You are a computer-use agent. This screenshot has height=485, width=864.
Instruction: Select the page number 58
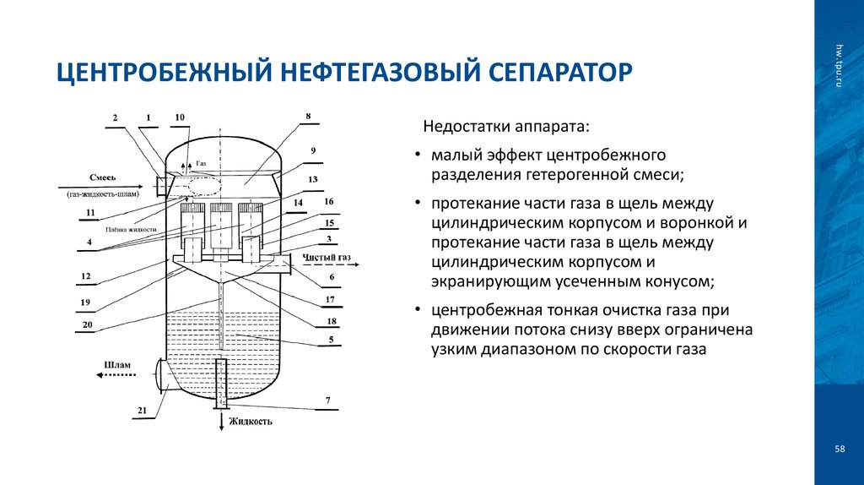[x=840, y=449]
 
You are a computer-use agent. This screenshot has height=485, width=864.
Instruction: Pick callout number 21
[x=141, y=411]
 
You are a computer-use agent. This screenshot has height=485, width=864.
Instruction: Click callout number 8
[x=308, y=116]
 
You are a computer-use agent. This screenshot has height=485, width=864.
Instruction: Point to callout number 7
[x=327, y=399]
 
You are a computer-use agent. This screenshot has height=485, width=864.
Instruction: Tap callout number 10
[x=180, y=117]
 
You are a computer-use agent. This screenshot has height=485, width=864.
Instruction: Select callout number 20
[x=87, y=324]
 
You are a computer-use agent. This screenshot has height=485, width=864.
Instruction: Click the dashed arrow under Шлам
[x=118, y=373]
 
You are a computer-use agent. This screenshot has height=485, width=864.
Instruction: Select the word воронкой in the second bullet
[x=701, y=223]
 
